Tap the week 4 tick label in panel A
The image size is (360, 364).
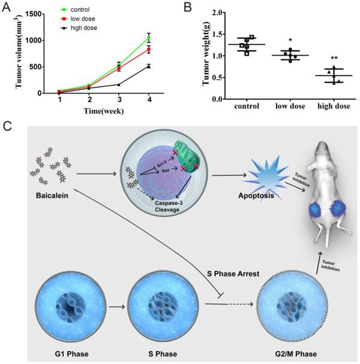click(149, 100)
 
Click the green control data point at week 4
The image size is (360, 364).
click(149, 38)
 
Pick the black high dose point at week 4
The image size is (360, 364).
click(149, 66)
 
